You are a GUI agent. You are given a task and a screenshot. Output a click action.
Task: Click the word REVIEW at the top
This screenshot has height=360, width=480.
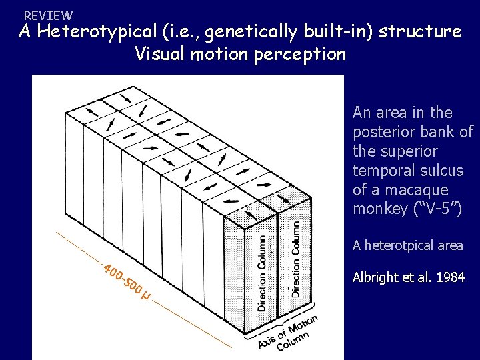[48, 15]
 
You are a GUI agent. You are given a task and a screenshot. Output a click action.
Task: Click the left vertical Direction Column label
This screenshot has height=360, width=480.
[262, 271]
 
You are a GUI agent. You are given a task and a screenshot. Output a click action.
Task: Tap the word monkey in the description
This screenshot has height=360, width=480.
[379, 209]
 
